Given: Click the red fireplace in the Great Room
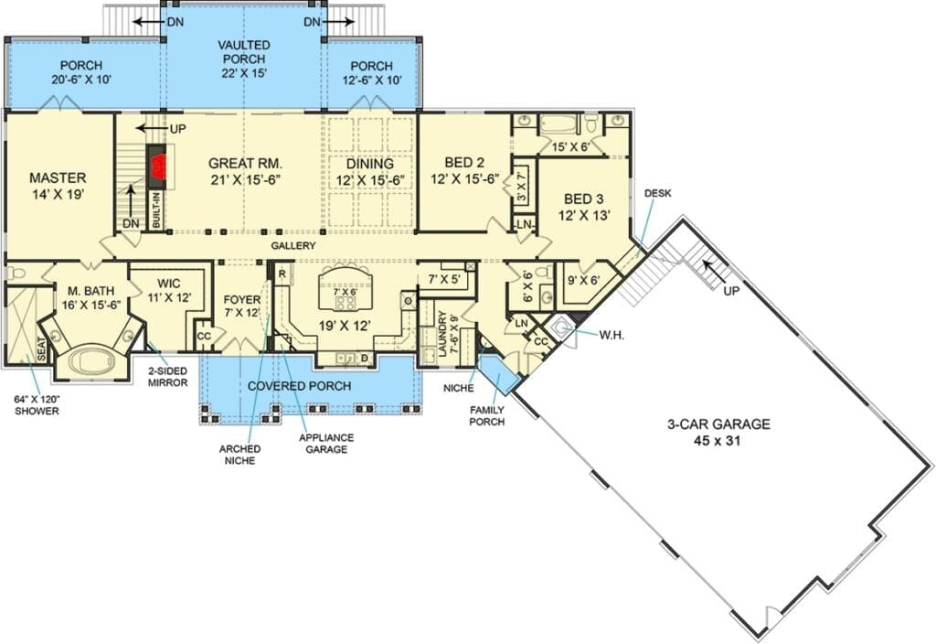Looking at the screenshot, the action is (x=158, y=166).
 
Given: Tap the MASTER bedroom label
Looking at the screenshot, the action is (x=58, y=178).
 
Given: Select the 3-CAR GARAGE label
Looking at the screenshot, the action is (x=718, y=424).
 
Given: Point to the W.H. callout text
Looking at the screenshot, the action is (x=612, y=336).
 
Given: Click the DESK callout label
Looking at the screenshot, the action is (x=658, y=193).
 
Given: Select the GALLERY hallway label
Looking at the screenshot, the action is (x=293, y=245).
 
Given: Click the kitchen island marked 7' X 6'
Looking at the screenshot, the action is (x=345, y=289).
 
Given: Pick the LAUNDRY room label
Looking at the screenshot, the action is (x=442, y=333).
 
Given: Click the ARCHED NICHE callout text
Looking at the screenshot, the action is (x=240, y=455).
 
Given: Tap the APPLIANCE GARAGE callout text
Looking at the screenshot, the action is (x=326, y=444).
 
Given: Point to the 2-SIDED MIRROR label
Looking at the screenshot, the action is (x=168, y=377).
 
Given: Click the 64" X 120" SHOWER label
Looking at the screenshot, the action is (x=37, y=405).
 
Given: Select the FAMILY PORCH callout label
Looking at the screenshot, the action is (x=486, y=416).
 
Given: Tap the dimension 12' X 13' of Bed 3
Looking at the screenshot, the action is (x=584, y=215).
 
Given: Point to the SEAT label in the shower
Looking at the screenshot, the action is (x=42, y=349).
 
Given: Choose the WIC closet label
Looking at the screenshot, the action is (x=169, y=284).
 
